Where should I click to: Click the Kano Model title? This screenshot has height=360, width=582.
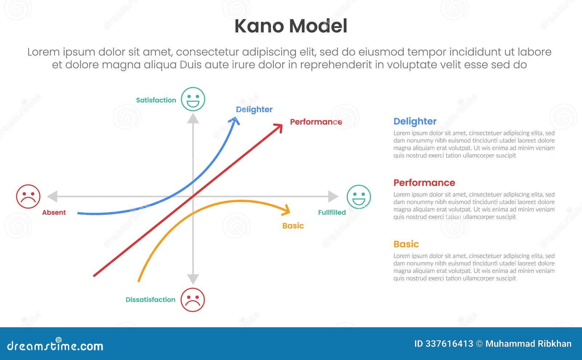click(x=291, y=26)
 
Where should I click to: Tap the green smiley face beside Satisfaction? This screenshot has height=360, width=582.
click(x=193, y=99)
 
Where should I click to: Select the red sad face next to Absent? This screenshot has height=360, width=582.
click(x=28, y=196)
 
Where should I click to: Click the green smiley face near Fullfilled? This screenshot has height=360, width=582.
click(x=359, y=197)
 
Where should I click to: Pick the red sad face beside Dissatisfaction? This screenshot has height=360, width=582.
click(x=193, y=300)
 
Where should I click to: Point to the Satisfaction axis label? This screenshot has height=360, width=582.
click(x=156, y=100)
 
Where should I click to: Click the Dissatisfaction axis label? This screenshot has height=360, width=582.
click(x=150, y=300)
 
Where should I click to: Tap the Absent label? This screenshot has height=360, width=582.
click(x=54, y=212)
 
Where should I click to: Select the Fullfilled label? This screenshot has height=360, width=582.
click(x=332, y=212)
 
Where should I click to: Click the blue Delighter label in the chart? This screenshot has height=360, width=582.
click(x=254, y=109)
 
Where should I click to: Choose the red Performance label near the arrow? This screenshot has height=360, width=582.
click(x=316, y=122)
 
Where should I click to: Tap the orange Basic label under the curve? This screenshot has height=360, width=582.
click(x=293, y=226)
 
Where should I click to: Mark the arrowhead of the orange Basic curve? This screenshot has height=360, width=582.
click(x=287, y=210)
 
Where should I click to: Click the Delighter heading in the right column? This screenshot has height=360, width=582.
click(x=415, y=121)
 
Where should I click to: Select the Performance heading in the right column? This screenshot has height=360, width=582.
click(x=424, y=183)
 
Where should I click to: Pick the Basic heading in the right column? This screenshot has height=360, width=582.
click(x=406, y=244)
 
